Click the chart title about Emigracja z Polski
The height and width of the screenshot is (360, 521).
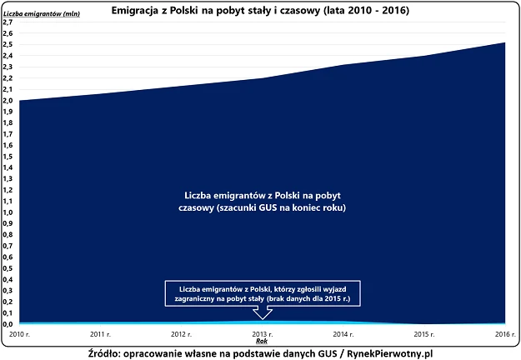261,12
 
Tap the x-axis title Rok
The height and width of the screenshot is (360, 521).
261,341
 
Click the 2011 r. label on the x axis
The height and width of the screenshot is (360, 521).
99,333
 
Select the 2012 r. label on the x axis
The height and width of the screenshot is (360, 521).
180,333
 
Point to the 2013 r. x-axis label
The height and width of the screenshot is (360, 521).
261,333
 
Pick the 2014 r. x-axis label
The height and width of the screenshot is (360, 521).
342,333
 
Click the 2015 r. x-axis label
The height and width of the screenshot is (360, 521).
423,333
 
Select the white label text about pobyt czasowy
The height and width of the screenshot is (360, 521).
262,201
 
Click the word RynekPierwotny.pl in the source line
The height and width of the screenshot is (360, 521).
388,352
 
